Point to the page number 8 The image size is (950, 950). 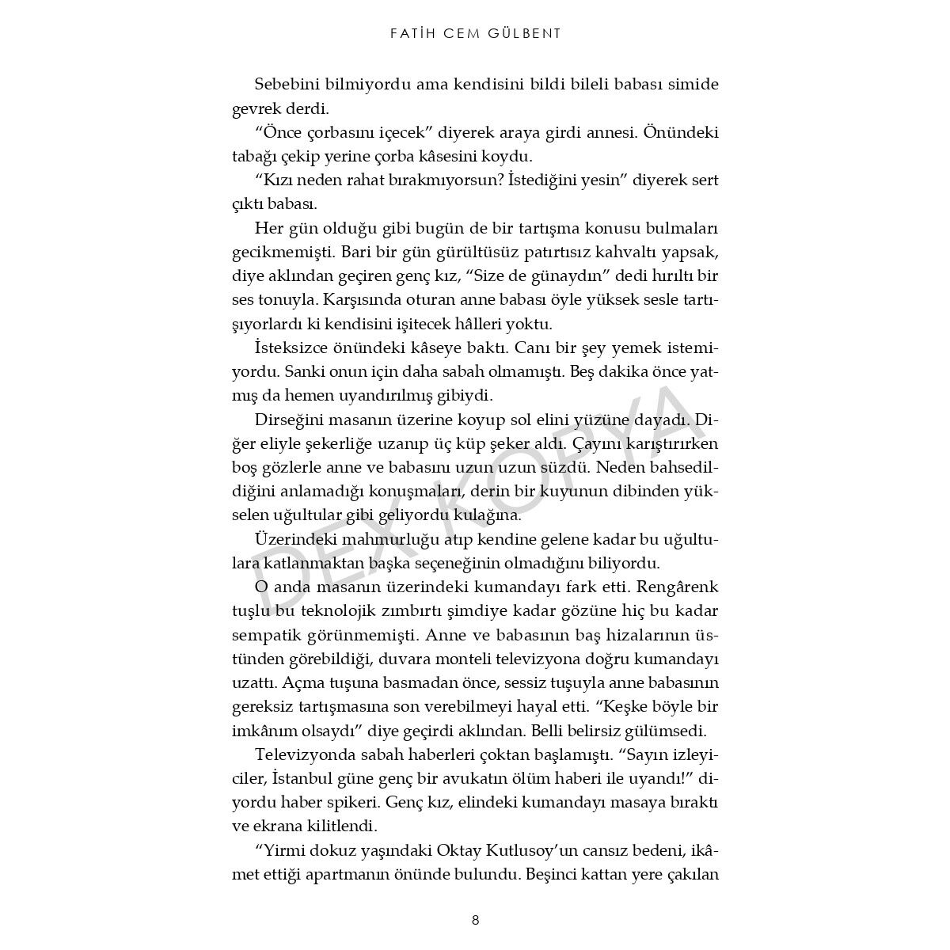(475, 920)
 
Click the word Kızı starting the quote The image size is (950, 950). (275, 180)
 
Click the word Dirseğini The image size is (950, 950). (286, 419)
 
